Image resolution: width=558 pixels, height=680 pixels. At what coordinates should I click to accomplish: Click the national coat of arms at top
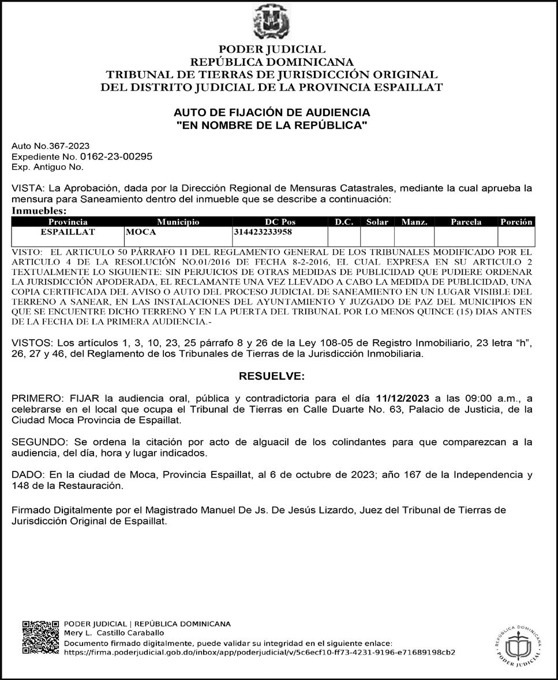point(271,21)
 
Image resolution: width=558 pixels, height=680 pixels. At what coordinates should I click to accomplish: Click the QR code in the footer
point(40,638)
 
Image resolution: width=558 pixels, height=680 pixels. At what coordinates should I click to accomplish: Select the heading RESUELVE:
point(271,376)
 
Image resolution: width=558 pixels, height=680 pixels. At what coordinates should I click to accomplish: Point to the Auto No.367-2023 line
point(51,146)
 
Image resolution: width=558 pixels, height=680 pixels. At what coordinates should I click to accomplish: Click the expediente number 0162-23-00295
point(116,157)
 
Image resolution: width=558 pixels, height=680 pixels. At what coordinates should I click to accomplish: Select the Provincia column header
point(68,222)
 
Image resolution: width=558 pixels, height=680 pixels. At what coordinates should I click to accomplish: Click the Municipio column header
point(178,222)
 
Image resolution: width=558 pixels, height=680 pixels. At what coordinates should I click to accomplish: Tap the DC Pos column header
point(280,222)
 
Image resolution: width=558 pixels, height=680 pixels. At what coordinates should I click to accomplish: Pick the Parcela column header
point(466,222)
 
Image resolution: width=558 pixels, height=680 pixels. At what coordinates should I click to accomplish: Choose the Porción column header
point(516,222)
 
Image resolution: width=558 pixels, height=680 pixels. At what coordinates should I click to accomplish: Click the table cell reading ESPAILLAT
point(68,232)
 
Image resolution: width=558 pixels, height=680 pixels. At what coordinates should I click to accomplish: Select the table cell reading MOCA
point(141,232)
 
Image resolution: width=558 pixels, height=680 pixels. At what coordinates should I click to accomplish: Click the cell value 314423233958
point(263,232)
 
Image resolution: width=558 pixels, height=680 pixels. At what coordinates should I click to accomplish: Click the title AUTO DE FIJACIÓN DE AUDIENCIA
point(272,112)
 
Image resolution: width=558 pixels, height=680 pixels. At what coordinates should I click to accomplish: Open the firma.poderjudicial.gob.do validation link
point(259,652)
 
